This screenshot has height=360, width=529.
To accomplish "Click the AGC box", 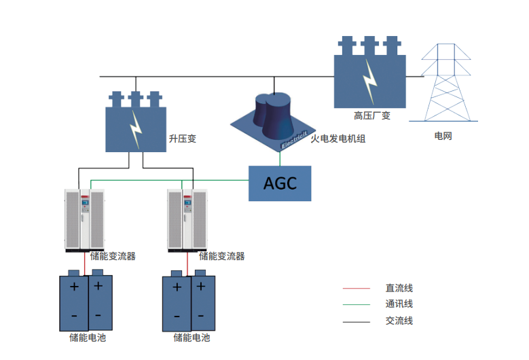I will (x=280, y=183).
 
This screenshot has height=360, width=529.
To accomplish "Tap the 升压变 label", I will (x=182, y=139).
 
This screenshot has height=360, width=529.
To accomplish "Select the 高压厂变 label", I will (x=371, y=115).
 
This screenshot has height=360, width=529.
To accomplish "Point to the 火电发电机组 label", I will (x=338, y=139).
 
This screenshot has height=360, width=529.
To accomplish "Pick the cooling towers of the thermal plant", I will (x=273, y=111).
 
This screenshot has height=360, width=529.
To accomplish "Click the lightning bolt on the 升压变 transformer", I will (x=136, y=128).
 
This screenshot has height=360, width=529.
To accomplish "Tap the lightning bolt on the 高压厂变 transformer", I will (x=369, y=81).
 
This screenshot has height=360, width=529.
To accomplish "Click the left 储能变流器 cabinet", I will (x=85, y=219).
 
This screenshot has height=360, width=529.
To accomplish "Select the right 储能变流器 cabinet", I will (x=187, y=219).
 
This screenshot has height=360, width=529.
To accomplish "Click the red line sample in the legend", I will (x=356, y=289).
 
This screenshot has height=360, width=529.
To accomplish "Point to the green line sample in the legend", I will (x=356, y=305).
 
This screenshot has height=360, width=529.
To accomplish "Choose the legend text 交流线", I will (x=399, y=321).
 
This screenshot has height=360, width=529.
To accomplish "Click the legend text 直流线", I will (x=399, y=289).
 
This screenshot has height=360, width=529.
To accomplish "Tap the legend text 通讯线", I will (x=399, y=305).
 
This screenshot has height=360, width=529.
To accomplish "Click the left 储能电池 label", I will (x=88, y=338).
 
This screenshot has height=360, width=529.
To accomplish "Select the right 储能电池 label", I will (x=191, y=338).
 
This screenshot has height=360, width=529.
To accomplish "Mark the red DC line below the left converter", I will (x=85, y=262).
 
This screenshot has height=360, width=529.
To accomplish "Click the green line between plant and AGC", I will (x=280, y=158).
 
